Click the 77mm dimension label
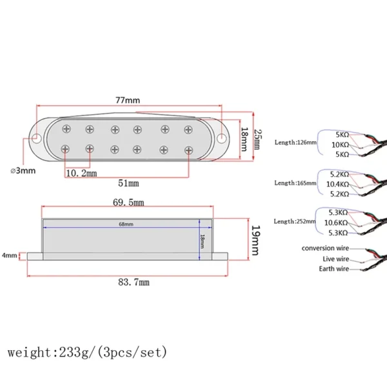click(x=128, y=100)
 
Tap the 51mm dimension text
click(x=129, y=184)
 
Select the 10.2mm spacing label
click(x=83, y=174)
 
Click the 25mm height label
click(x=256, y=139)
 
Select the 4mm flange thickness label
click(x=9, y=255)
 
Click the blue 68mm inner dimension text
click(x=126, y=224)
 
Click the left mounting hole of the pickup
click(x=36, y=137)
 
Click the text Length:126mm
click(x=295, y=143)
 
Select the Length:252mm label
click(x=295, y=221)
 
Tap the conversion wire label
click(x=327, y=248)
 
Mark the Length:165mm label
click(x=295, y=183)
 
